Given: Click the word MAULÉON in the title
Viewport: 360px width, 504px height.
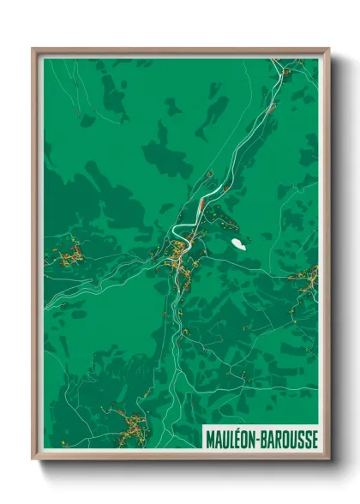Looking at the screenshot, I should pyautogui.click(x=231, y=439).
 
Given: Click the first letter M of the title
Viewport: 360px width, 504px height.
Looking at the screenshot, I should pyautogui.click(x=209, y=439).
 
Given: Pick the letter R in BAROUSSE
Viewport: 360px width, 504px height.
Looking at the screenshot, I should pyautogui.click(x=279, y=439).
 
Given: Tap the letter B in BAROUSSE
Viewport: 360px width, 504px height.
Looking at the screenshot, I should pyautogui.click(x=266, y=439).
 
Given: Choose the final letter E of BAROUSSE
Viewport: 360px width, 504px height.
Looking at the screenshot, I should pyautogui.click(x=314, y=439).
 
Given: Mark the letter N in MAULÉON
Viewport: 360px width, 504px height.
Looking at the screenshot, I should pyautogui.click(x=254, y=439).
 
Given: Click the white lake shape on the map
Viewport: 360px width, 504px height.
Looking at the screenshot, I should pyautogui.click(x=237, y=244).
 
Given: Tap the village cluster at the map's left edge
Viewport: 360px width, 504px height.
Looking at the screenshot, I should pyautogui.click(x=71, y=251).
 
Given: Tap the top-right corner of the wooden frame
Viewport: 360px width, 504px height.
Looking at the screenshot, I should pyautogui.click(x=327, y=50).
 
